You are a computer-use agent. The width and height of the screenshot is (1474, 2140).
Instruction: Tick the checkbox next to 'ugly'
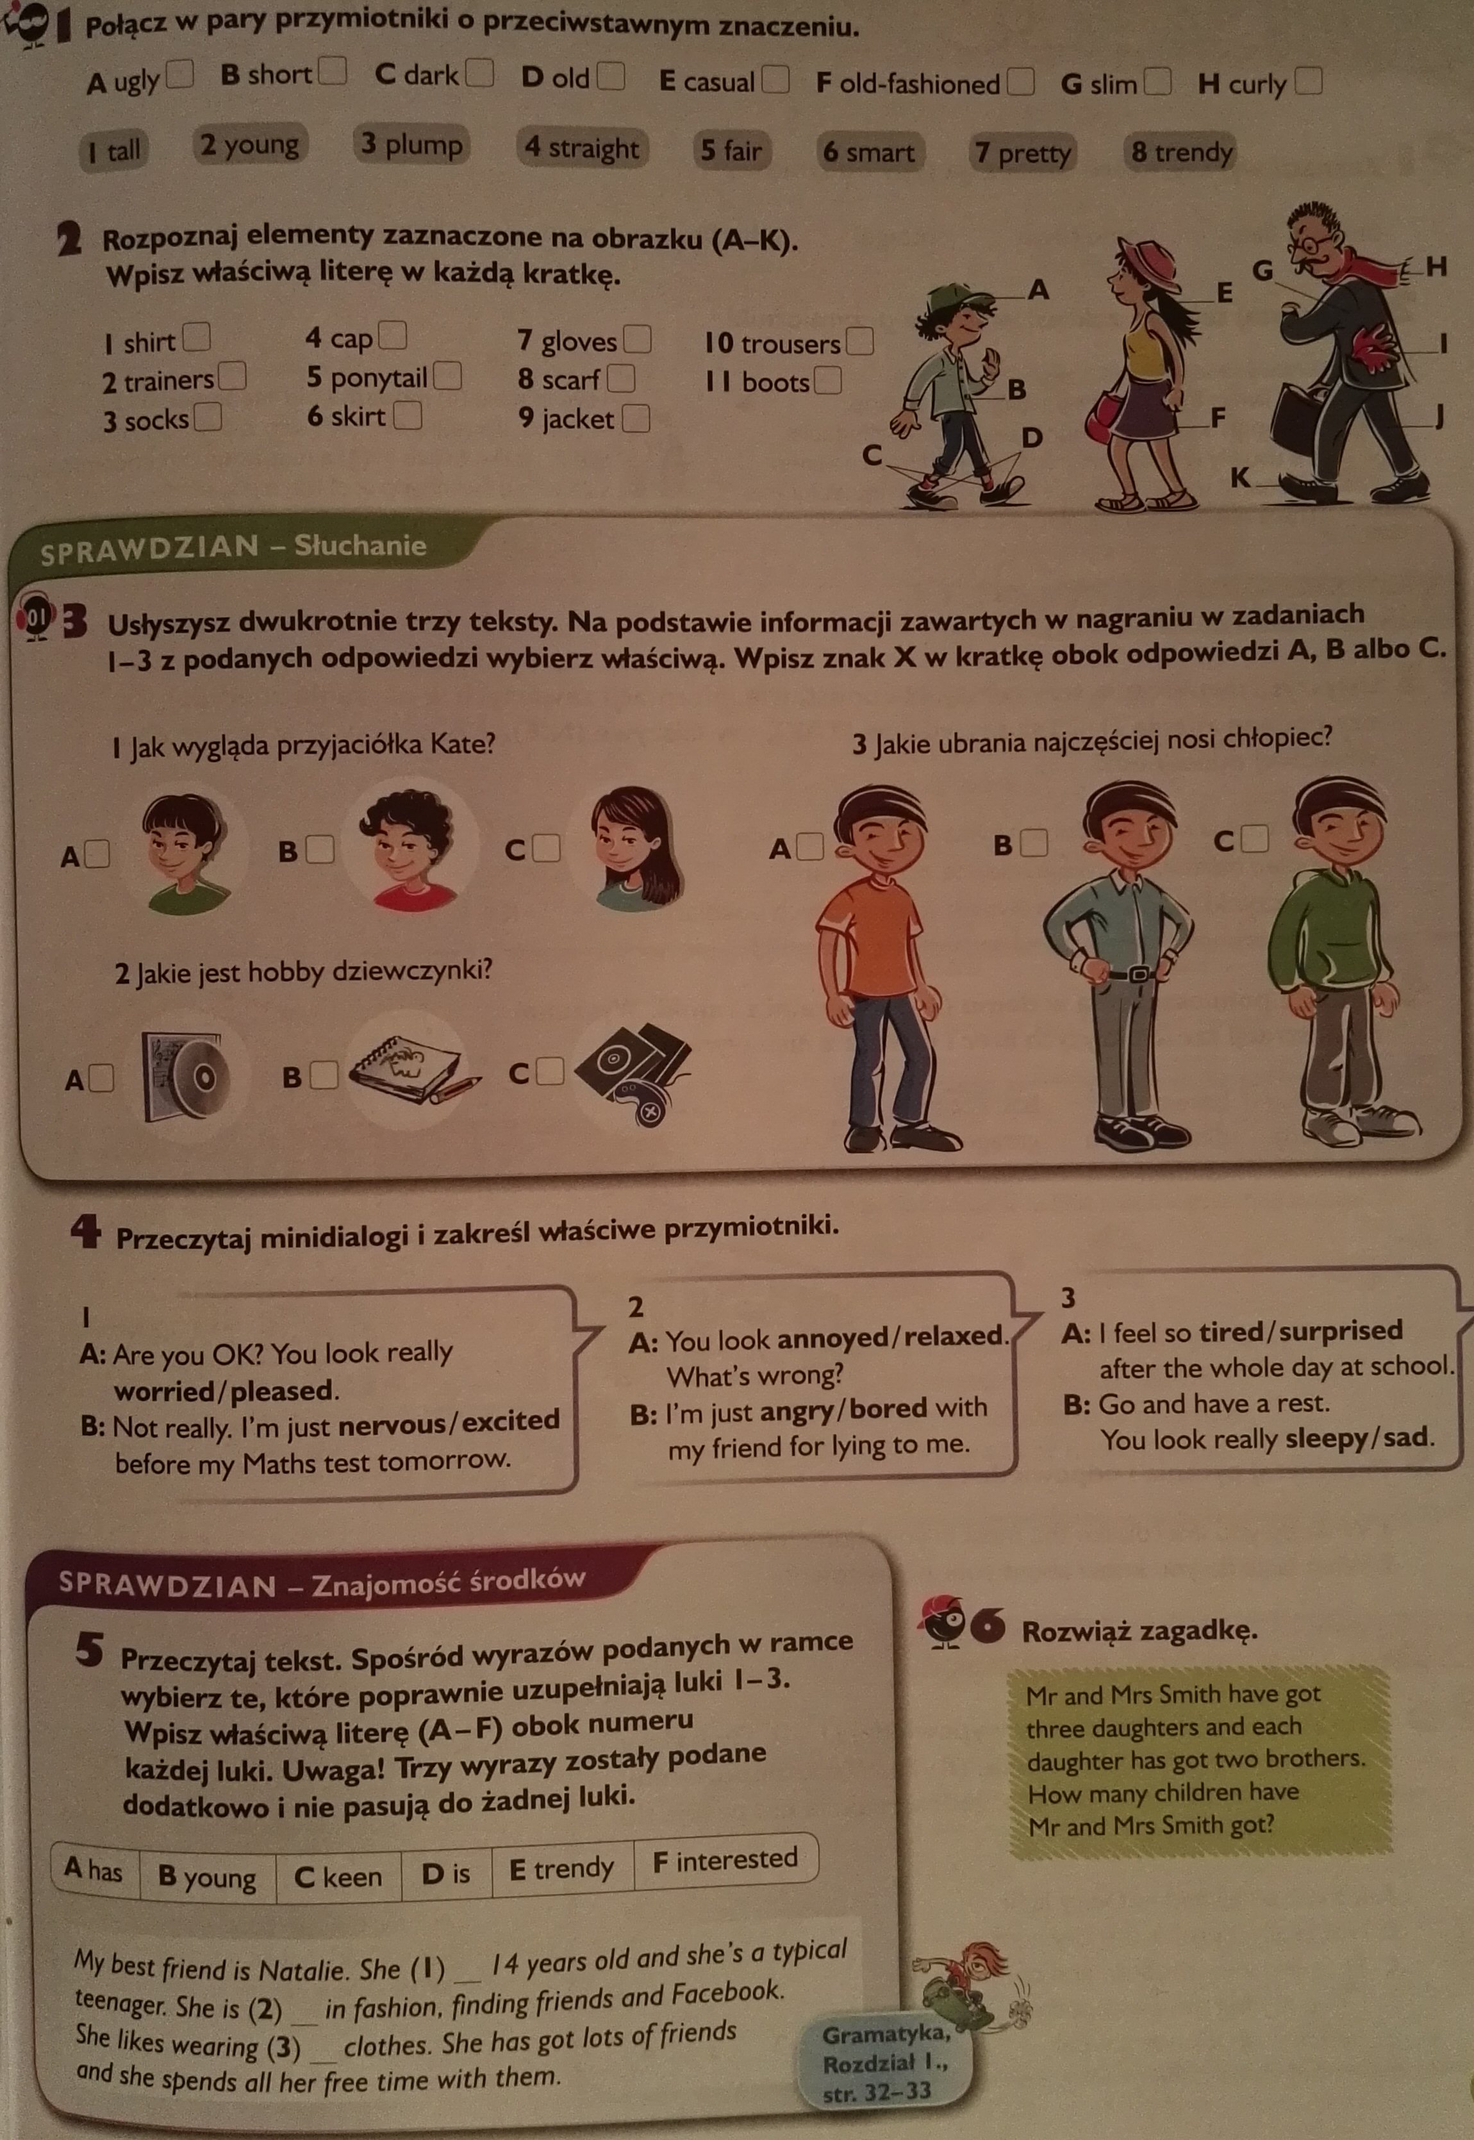[x=179, y=75]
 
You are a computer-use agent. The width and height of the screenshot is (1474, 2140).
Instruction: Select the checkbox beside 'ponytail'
[x=448, y=376]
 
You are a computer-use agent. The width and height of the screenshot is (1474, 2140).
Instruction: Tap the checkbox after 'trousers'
[x=860, y=342]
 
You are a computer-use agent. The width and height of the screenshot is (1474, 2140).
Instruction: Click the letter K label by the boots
[x=1240, y=477]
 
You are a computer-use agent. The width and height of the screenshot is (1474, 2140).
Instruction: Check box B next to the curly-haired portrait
[x=320, y=849]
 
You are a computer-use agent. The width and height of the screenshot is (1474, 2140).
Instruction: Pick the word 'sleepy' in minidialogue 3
[x=1328, y=1438]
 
